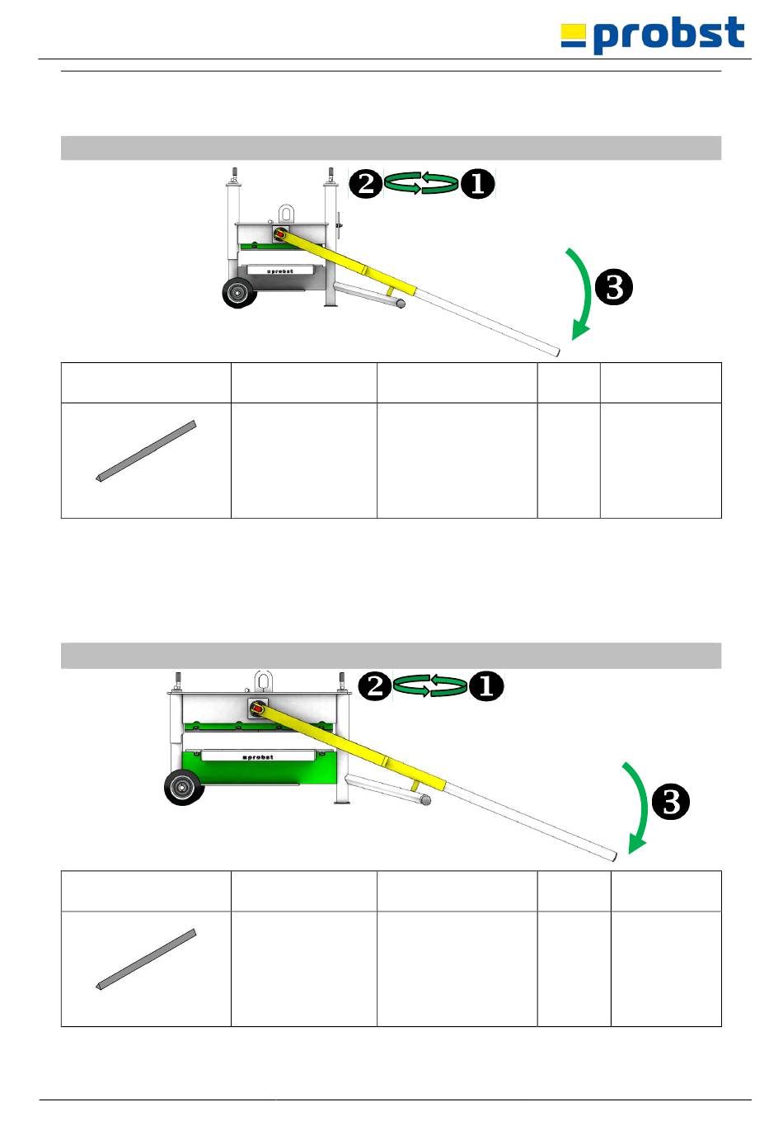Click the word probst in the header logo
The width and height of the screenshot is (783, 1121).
click(x=668, y=35)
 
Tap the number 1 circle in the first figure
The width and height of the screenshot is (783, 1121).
click(x=477, y=183)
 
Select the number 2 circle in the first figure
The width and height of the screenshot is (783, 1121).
click(x=366, y=183)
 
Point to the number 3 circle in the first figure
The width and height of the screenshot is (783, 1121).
click(x=614, y=288)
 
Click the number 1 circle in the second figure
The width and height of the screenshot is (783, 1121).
click(x=486, y=686)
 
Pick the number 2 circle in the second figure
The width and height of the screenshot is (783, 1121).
click(x=375, y=686)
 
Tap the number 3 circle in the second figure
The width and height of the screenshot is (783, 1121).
click(x=671, y=802)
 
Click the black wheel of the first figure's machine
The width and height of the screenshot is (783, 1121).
click(x=239, y=292)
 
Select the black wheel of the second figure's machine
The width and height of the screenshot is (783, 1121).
click(x=183, y=787)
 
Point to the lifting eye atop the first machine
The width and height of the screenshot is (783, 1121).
click(x=286, y=213)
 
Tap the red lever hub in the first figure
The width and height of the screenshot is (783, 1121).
click(x=280, y=235)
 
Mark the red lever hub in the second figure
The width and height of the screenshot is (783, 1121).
click(x=258, y=709)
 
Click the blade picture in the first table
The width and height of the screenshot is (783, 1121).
click(x=146, y=451)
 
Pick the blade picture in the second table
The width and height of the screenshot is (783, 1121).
click(x=146, y=959)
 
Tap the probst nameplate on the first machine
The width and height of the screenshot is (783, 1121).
click(x=280, y=271)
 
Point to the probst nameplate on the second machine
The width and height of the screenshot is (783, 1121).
click(x=258, y=756)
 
